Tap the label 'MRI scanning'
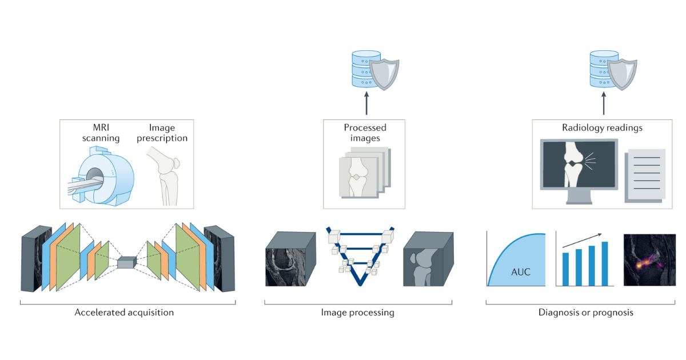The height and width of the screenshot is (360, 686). point(101,133)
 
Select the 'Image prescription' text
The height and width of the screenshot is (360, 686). point(162,133)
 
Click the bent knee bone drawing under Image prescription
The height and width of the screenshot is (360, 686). point(165,176)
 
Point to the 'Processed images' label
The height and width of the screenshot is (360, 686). point(365,133)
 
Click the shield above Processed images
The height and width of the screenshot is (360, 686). point(384,74)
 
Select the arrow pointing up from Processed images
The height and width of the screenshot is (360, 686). point(366,103)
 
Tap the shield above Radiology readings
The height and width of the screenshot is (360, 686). point(622,74)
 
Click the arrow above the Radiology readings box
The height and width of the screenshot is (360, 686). point(604,103)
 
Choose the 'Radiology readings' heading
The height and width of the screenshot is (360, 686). point(602,127)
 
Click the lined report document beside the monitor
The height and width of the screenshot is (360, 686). point(645,175)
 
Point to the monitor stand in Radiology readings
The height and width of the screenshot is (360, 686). point(579,197)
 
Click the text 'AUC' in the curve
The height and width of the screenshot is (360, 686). point(521,272)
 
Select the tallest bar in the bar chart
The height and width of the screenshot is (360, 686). point(605,263)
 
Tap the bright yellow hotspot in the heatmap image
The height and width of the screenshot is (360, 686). point(639,265)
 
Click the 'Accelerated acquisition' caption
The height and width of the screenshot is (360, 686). point(124,313)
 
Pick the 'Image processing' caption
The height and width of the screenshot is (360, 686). point(357,313)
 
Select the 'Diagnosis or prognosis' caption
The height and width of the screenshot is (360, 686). point(586,313)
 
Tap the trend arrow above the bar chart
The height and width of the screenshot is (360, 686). point(582,241)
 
